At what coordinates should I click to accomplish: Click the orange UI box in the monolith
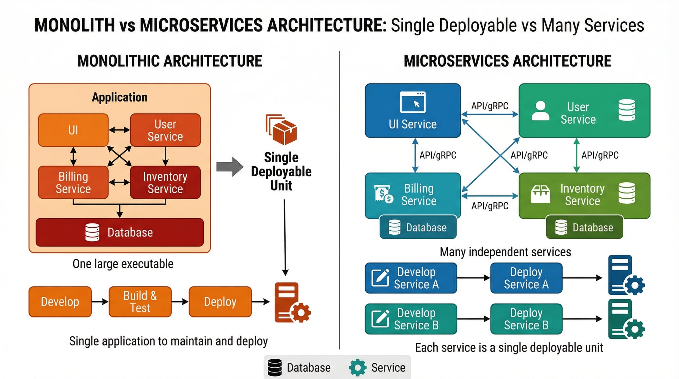click(x=73, y=130)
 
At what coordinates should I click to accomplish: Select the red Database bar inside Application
click(x=120, y=232)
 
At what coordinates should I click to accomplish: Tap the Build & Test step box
click(x=140, y=302)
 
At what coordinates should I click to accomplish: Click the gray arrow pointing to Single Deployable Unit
click(x=230, y=167)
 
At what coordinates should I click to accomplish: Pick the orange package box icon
click(x=281, y=130)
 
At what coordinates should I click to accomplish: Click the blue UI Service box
click(x=412, y=111)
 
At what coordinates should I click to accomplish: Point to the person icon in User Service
click(x=540, y=111)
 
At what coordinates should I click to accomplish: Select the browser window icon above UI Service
click(x=412, y=102)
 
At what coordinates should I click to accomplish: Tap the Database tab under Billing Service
click(x=418, y=227)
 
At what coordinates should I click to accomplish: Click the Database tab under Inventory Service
click(x=584, y=227)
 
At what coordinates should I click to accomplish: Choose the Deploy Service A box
click(x=526, y=278)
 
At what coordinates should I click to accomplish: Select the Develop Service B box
click(x=411, y=319)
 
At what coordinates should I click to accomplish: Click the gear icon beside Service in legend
click(x=357, y=367)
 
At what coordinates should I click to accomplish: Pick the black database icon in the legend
click(x=275, y=367)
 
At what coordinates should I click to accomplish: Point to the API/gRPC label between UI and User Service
click(x=490, y=106)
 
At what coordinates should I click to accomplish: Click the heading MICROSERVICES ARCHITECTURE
click(x=507, y=61)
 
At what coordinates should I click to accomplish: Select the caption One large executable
click(x=123, y=264)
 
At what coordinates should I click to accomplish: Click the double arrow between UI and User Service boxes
click(x=119, y=130)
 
